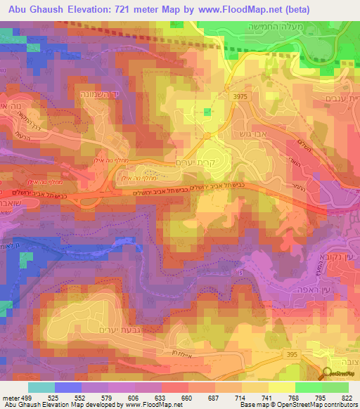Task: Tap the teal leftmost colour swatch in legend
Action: coord(41,387)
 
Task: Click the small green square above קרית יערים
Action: coord(207,112)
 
